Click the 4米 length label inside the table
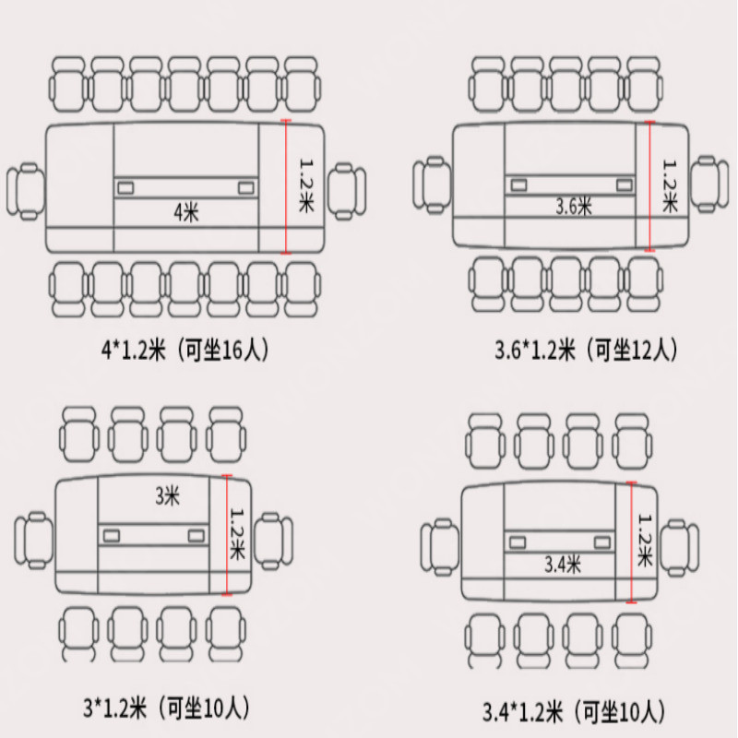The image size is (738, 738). tap(186, 213)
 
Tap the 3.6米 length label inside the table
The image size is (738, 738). tap(573, 206)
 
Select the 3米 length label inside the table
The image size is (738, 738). tap(168, 495)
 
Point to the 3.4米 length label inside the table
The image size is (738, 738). tap(563, 564)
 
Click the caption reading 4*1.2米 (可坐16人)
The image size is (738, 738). tap(185, 350)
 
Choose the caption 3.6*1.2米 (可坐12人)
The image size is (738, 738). tap(586, 350)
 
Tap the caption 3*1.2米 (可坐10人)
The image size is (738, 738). tap(166, 708)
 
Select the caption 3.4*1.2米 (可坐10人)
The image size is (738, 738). tap(574, 711)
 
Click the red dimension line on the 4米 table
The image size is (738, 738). tap(286, 187)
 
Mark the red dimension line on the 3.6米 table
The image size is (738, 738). tap(649, 186)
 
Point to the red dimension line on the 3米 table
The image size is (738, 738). tap(227, 535)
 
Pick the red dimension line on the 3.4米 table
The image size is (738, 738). tap(632, 542)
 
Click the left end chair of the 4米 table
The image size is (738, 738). tap(26, 192)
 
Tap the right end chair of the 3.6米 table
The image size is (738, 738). tap(709, 184)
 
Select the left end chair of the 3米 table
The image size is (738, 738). tap(34, 541)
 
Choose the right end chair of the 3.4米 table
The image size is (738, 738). tap(680, 547)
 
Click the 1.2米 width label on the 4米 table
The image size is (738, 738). tap(306, 185)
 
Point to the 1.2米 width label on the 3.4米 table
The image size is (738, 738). tap(645, 541)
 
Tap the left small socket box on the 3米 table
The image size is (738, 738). tap(112, 536)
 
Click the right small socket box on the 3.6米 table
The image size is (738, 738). tap(625, 184)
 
